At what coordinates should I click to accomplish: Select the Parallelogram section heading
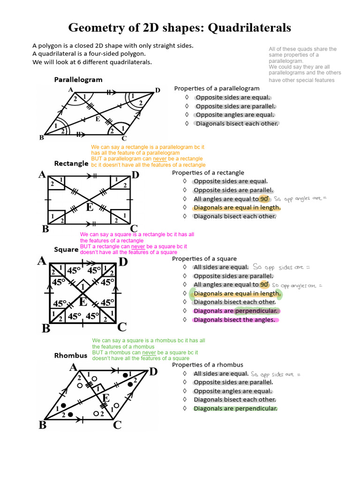point(78,79)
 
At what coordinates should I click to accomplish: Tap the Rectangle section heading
point(71,164)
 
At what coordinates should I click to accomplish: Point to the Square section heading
point(66,249)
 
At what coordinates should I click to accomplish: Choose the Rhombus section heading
point(71,355)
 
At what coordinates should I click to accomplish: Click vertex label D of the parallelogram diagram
point(157,90)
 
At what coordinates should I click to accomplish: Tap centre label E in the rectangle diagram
point(89,207)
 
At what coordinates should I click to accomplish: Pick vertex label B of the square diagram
point(45,328)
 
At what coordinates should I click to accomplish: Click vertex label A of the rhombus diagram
point(73,368)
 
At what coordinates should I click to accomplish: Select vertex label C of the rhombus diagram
point(117,425)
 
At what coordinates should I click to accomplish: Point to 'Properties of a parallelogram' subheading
point(217,88)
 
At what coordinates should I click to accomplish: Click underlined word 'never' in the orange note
point(160,159)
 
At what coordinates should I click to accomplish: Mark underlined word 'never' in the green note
point(149,352)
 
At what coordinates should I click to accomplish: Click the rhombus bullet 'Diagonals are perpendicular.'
point(235,408)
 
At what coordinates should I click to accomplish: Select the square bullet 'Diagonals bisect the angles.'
point(234,320)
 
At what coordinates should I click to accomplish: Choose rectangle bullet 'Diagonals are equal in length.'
point(237,208)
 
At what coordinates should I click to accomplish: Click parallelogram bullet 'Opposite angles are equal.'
point(235,115)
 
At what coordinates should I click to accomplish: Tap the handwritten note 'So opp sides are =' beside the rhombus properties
point(276,374)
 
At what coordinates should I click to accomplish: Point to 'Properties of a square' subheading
point(204,259)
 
